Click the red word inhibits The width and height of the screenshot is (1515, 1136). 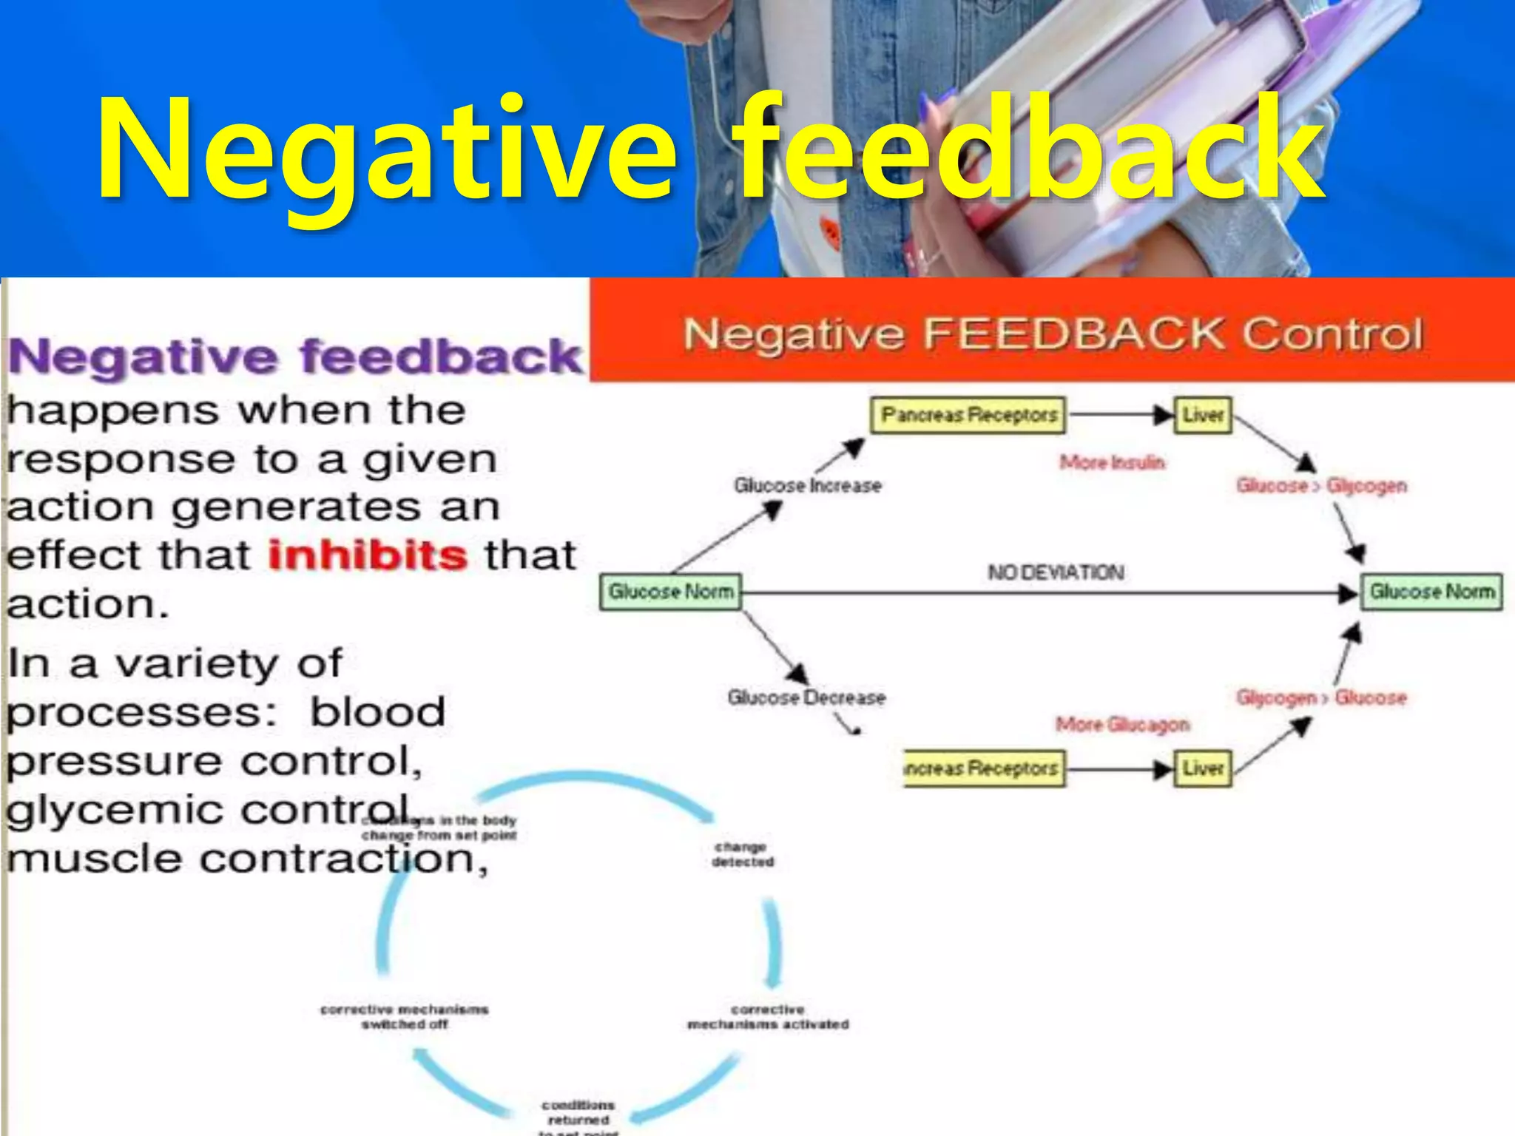(367, 555)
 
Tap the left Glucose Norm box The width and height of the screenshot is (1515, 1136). (670, 592)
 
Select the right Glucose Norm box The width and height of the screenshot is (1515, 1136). (1431, 592)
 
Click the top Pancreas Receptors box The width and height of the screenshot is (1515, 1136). (969, 415)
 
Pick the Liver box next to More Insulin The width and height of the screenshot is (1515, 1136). (1203, 415)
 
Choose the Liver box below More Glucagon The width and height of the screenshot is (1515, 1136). (1203, 768)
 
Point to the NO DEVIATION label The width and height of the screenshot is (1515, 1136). (1056, 572)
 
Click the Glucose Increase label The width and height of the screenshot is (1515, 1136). (807, 486)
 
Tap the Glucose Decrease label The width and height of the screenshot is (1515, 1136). (806, 697)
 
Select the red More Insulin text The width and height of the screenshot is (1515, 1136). (1112, 463)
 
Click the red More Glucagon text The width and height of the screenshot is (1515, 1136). (1122, 724)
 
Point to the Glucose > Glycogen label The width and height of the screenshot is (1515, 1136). (1321, 486)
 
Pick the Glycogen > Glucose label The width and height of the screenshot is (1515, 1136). (1321, 697)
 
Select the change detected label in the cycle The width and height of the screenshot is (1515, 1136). (742, 854)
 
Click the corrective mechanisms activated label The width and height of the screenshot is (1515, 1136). (768, 1017)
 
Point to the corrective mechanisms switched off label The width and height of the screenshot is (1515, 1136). (405, 1017)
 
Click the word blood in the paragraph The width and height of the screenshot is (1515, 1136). (377, 712)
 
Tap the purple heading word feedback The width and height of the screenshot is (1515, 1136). (442, 357)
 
